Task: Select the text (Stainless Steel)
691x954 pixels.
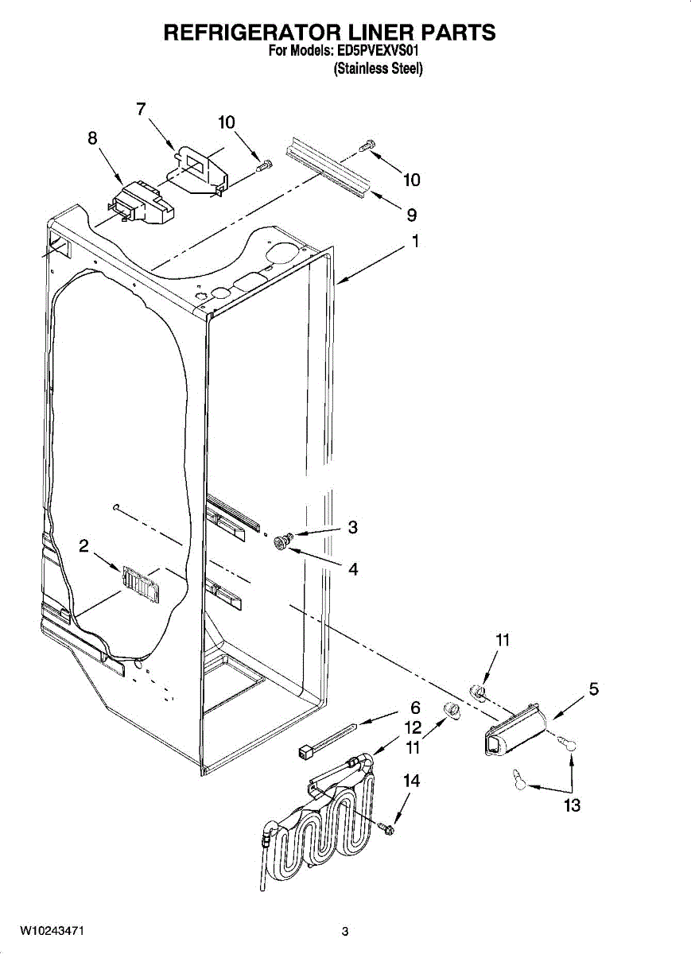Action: click(x=378, y=68)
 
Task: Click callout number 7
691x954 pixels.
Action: click(x=141, y=109)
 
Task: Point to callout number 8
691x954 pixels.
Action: click(x=92, y=138)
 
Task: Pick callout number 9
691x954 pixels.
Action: click(x=412, y=215)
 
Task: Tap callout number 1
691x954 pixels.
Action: click(x=415, y=241)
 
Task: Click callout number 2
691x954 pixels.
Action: click(x=83, y=545)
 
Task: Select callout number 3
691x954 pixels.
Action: click(x=353, y=527)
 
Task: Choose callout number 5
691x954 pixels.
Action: click(x=593, y=688)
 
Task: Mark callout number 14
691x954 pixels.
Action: click(x=411, y=781)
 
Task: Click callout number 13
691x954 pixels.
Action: click(x=573, y=805)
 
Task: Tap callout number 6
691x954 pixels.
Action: click(x=415, y=708)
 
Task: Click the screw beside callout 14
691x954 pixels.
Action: click(x=386, y=828)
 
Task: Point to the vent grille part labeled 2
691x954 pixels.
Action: click(x=140, y=584)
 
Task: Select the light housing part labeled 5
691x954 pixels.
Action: click(x=516, y=729)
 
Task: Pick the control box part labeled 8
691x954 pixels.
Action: click(x=142, y=201)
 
